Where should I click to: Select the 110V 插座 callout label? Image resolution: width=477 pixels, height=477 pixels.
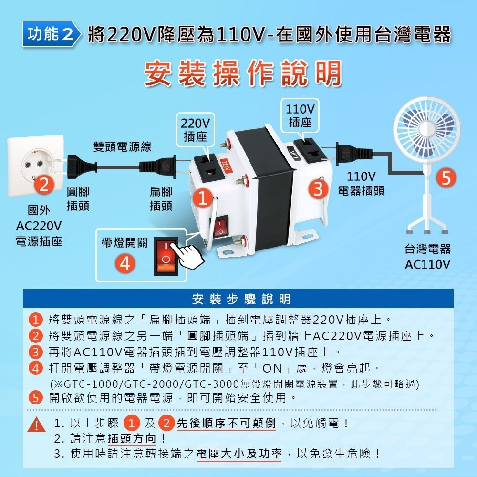point(300,115)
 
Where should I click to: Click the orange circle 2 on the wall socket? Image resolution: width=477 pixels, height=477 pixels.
point(44,185)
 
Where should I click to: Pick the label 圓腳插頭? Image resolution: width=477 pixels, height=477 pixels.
point(77,198)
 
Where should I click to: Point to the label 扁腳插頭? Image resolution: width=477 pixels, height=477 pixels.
point(161,198)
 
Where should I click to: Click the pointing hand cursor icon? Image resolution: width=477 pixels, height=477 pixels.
point(188,253)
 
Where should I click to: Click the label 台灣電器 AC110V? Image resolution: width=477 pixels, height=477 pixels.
point(427,257)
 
